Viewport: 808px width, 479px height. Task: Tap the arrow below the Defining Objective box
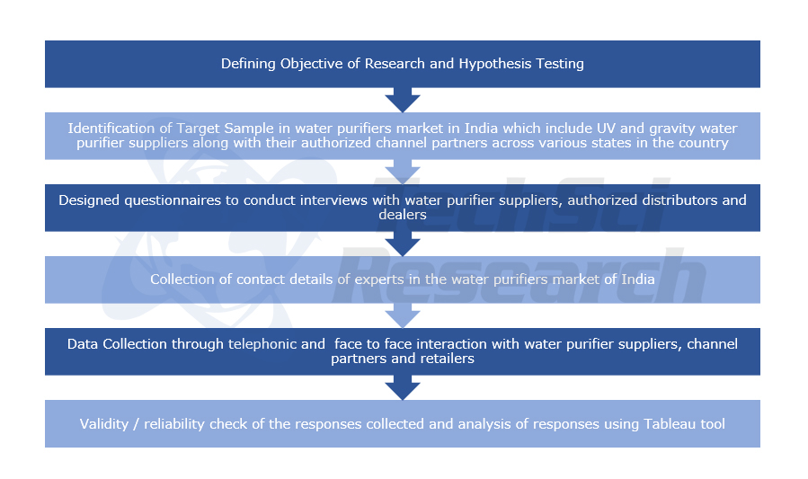pos(402,99)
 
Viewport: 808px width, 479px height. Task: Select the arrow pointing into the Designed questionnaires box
pos(402,171)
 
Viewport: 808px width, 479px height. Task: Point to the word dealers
pos(402,215)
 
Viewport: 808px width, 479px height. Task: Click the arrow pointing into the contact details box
pos(402,243)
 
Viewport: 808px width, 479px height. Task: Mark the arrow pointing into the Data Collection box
pos(402,315)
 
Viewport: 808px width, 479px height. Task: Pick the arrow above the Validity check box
pos(402,386)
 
